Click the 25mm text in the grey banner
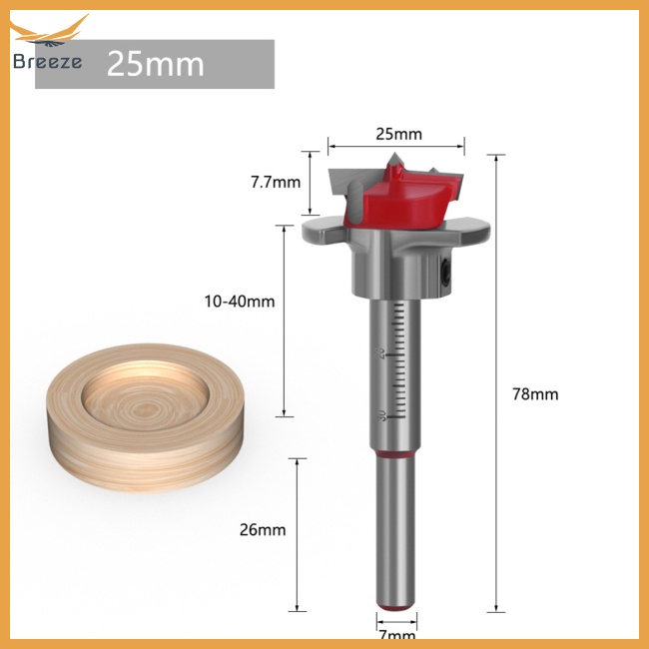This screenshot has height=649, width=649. coord(155,64)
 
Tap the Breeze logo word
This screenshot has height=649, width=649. coord(48,61)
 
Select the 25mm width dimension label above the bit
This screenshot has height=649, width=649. coord(397,134)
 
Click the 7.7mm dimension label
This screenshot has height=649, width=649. coord(275,182)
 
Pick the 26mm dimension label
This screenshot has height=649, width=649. coord(264,529)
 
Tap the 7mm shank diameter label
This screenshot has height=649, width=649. coord(397,634)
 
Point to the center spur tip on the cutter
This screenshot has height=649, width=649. coord(393,160)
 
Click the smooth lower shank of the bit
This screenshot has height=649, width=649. coord(396,529)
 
